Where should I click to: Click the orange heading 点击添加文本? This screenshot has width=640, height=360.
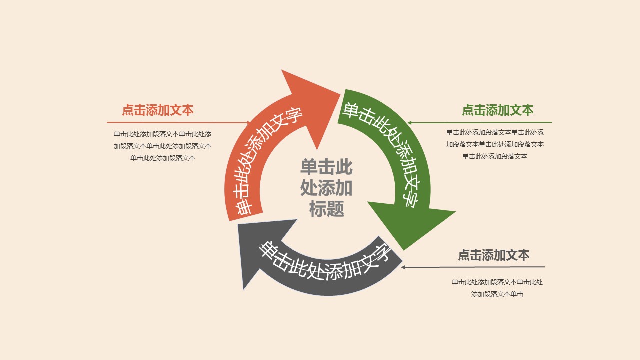157,110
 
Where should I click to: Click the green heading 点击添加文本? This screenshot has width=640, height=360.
497,110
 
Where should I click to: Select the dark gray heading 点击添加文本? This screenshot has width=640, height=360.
493,255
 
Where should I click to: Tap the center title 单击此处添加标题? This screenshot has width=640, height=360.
326,188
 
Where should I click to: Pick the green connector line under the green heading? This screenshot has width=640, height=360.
480,122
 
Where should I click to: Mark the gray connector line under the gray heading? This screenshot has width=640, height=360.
475,267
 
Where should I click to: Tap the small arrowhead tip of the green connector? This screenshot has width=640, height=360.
409,123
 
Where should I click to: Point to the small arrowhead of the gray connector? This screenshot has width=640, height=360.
403,267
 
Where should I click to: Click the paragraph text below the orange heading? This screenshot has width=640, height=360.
162,146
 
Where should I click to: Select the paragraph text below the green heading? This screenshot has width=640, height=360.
495,144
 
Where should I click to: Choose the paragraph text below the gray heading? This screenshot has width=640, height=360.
497,288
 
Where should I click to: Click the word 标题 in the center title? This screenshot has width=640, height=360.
326,209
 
